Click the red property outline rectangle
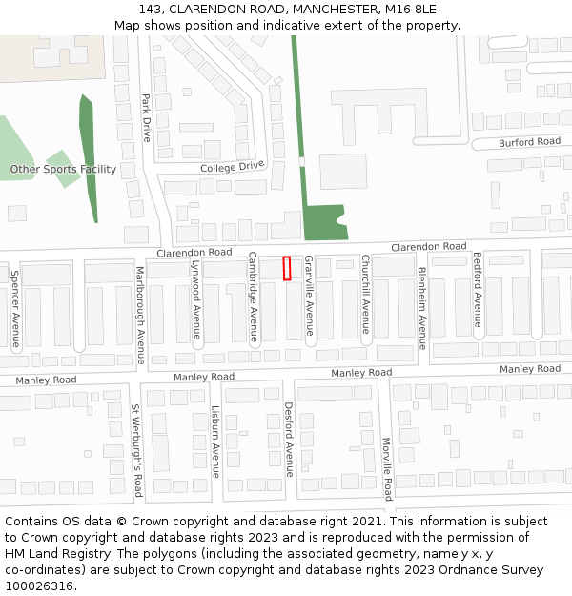pos(287,268)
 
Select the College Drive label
pos(232,167)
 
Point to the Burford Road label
pos(529,142)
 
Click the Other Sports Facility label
pos(63,170)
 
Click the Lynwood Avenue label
pos(196,299)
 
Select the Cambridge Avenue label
pos(254,298)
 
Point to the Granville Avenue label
pos(309,296)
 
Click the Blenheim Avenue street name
pos(422,296)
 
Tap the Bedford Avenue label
pos(478,290)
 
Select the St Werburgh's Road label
pos(137,449)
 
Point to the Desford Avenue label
pos(288,439)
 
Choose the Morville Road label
pos(387,468)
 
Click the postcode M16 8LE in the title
pos(411,10)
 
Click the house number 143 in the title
pos(150,10)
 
